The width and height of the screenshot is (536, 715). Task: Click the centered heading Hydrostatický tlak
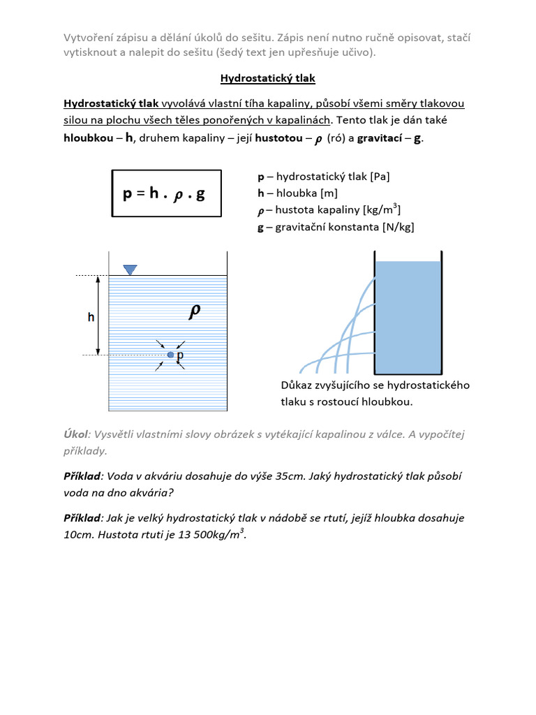click(268, 79)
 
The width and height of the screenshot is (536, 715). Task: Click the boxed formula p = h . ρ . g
click(166, 194)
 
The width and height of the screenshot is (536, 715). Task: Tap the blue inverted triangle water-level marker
click(130, 270)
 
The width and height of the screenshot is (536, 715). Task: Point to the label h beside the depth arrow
click(91, 317)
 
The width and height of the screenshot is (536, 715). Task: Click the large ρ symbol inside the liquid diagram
click(196, 312)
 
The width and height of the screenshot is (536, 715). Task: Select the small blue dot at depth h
click(170, 355)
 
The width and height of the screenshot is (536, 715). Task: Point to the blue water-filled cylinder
click(408, 316)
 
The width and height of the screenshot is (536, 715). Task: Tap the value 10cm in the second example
click(78, 536)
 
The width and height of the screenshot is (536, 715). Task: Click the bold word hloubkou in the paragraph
click(88, 138)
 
